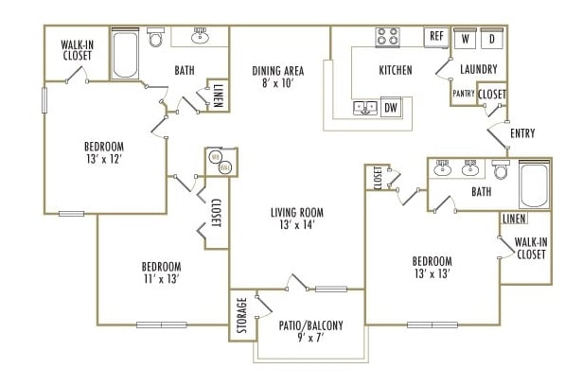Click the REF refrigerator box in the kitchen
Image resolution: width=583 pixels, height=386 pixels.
click(435, 37)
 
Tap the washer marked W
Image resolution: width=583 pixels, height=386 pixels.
click(466, 40)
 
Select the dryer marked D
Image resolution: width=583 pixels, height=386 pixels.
click(492, 40)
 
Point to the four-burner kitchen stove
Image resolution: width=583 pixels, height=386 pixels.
click(387, 37)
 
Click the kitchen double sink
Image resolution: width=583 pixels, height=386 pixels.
click(365, 107)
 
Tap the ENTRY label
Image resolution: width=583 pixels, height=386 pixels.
click(521, 133)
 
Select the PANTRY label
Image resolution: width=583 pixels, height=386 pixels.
click(463, 94)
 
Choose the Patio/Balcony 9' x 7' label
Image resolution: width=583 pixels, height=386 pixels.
click(310, 331)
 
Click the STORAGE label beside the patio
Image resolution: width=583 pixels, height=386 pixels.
click(242, 315)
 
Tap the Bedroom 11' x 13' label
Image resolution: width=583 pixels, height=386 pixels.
click(161, 272)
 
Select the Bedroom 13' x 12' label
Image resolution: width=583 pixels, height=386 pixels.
click(103, 153)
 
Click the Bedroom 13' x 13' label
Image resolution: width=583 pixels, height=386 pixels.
click(431, 268)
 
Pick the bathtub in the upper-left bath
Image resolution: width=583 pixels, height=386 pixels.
click(125, 55)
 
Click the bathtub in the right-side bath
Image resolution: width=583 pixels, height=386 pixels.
click(534, 186)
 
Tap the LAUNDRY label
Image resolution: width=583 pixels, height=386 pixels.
click(478, 70)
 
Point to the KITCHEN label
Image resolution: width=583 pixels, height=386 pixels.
click(395, 70)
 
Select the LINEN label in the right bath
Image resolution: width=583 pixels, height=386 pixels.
click(514, 219)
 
